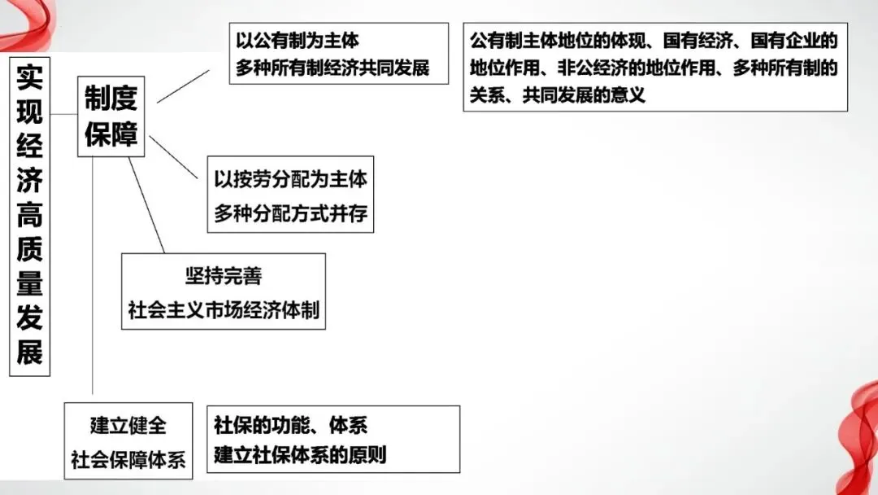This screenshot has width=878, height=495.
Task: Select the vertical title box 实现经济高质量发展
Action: point(30,217)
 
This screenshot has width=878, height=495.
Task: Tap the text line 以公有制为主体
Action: point(298,40)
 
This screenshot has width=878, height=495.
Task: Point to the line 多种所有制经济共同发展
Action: point(333,67)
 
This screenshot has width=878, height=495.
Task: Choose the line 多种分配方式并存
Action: point(290,214)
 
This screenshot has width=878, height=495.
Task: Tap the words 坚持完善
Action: point(223,276)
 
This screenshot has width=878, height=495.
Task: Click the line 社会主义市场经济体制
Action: point(223,310)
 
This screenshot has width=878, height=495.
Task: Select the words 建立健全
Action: point(128,425)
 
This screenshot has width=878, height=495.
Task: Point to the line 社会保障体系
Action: point(128,459)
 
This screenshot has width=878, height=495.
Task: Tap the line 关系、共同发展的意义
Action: point(557,95)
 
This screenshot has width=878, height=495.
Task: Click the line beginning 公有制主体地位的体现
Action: point(654,40)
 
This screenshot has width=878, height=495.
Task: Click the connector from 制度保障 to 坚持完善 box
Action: point(146,204)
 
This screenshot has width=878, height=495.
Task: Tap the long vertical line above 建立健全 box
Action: point(94,277)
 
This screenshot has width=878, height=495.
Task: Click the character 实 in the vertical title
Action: point(30,79)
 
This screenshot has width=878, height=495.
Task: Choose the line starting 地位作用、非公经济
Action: point(654,68)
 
